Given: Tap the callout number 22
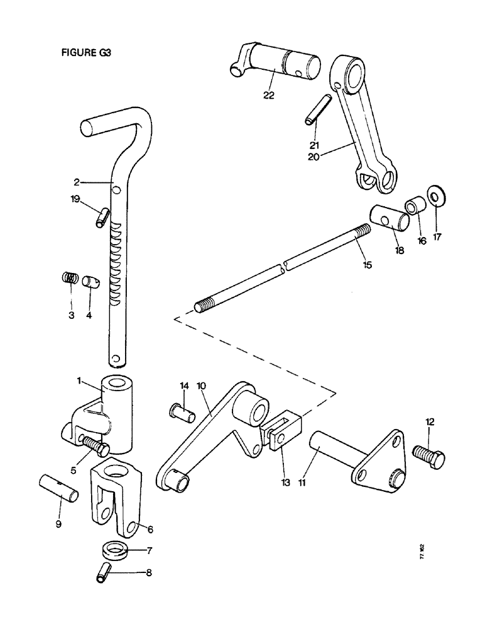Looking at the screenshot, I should tap(269, 95).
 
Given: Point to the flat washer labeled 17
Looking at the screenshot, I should tap(435, 196).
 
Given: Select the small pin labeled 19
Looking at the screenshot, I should tap(102, 218).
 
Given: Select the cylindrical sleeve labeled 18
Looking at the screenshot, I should tap(390, 218).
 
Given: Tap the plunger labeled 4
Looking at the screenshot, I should tap(91, 279).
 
